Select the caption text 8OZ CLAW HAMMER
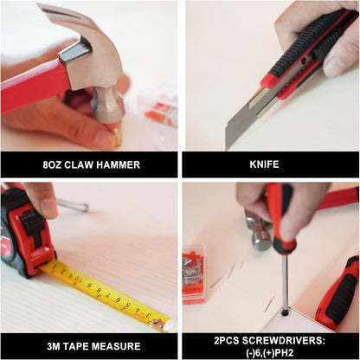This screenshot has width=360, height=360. (x=89, y=164)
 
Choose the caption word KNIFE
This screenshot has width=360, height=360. (x=270, y=164)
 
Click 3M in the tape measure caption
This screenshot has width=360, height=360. (x=51, y=345)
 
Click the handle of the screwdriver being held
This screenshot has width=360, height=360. (x=279, y=216)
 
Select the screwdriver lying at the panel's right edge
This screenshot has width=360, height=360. (x=338, y=293)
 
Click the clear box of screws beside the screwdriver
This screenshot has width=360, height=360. (x=194, y=273)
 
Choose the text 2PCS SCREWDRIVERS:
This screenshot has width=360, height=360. (x=270, y=339)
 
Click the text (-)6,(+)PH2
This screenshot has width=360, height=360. (x=270, y=352)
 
